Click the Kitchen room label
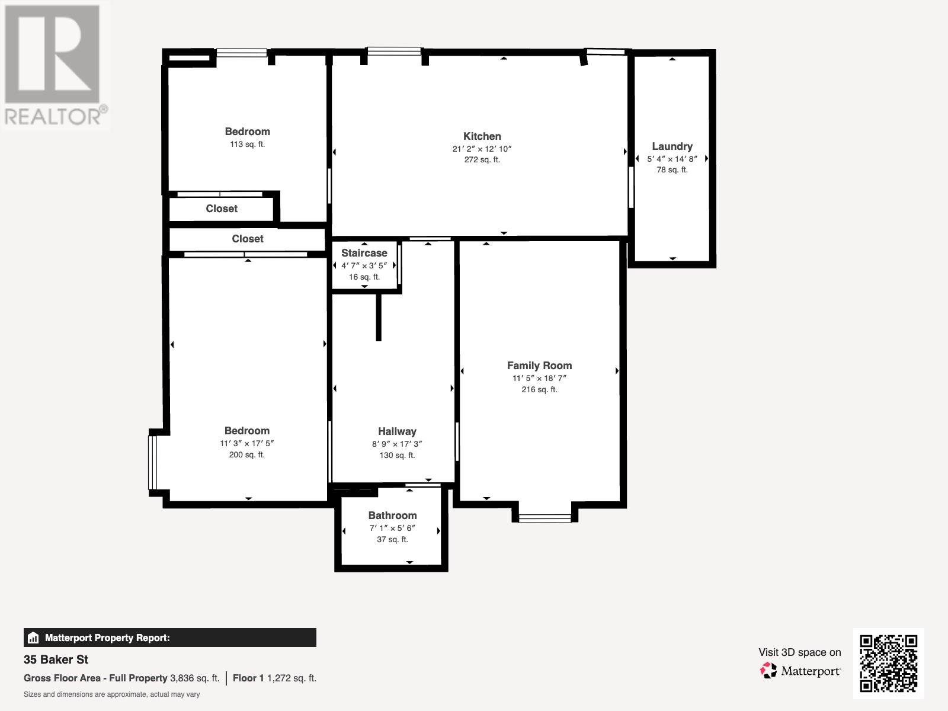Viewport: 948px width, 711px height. (x=482, y=136)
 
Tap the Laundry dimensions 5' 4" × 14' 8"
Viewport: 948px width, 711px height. (x=672, y=159)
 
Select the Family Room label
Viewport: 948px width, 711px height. (x=539, y=366)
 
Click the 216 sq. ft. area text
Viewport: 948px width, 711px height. (x=539, y=389)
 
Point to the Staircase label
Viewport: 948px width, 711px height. (x=364, y=253)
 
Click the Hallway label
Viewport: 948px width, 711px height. (x=397, y=431)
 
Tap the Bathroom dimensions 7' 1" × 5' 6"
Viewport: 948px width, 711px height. (x=392, y=528)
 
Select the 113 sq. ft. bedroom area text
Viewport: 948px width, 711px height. (x=247, y=144)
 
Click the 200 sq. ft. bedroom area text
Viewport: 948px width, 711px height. (x=246, y=454)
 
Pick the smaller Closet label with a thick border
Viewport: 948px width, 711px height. (x=222, y=209)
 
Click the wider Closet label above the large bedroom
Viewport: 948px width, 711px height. (x=247, y=239)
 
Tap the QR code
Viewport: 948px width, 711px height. (x=888, y=663)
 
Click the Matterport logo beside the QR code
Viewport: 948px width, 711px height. (x=800, y=671)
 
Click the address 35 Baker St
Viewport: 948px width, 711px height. (x=56, y=659)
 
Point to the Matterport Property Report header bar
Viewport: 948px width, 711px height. (x=169, y=638)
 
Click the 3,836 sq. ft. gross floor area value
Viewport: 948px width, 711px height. (x=195, y=678)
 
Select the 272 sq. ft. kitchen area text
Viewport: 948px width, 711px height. (x=482, y=159)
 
